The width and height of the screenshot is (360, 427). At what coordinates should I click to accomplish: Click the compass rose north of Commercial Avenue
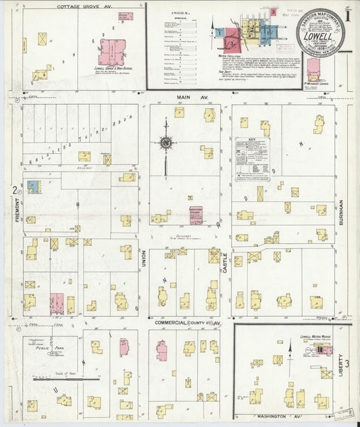165,142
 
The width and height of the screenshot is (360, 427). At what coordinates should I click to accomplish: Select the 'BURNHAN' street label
342,211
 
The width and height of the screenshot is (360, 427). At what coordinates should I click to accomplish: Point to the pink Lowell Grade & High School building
112,51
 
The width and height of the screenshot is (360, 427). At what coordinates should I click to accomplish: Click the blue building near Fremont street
33,186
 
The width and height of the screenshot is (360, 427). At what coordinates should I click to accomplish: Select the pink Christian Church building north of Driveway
196,215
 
